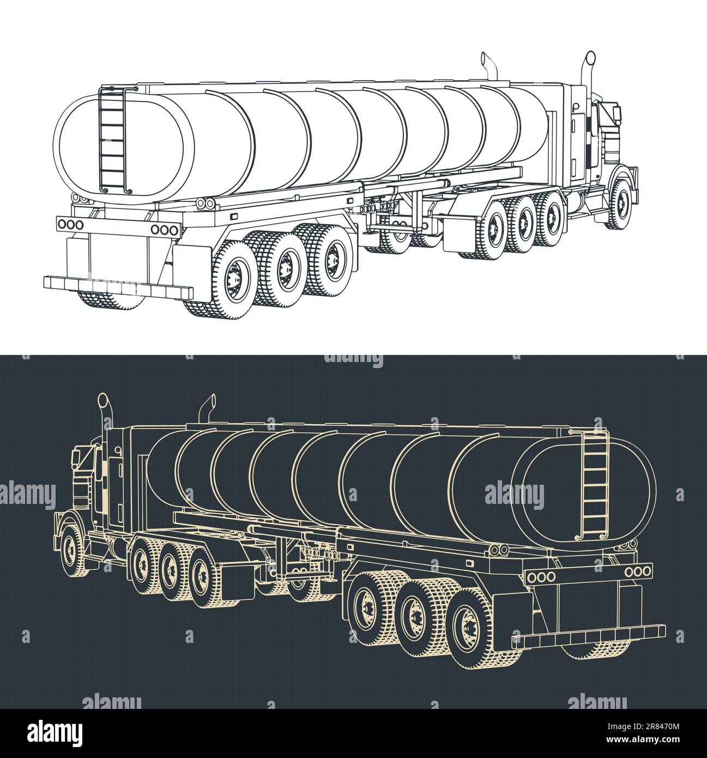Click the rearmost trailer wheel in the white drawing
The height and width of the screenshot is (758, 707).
pos(235,280)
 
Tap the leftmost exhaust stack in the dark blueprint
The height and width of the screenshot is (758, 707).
pos(104,414)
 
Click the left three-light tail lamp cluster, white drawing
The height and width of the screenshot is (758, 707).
pos(70,224)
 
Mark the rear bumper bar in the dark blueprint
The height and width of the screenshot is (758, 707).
pos(589,636)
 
